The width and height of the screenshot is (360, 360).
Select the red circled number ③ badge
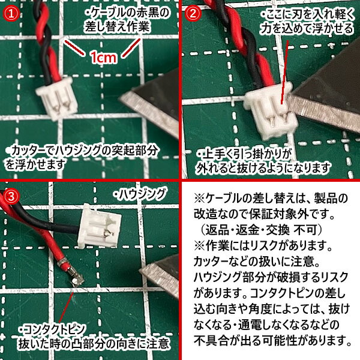[x=11, y=196]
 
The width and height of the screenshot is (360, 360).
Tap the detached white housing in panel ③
[x=98, y=224]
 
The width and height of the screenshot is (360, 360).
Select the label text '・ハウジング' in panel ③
[x=139, y=193]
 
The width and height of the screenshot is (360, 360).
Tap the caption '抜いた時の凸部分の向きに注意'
[x=94, y=345]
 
